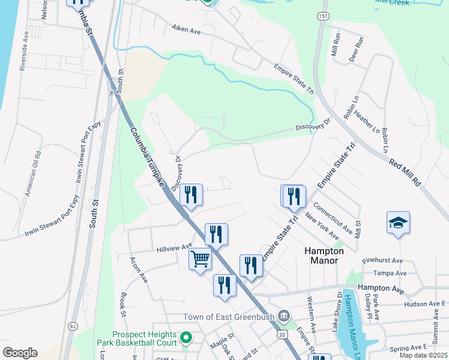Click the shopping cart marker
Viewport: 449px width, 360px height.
coord(200,260)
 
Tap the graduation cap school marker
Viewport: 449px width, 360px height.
coord(399,223)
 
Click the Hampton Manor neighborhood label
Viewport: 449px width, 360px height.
coord(324,256)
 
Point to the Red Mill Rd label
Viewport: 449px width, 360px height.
coord(405,172)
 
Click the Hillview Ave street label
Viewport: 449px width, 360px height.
coord(174,247)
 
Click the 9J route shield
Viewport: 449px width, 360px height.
coord(73,326)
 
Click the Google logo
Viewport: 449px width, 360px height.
coord(20,353)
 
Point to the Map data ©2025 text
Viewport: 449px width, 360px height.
coord(423,355)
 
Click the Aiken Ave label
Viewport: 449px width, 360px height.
coord(186,28)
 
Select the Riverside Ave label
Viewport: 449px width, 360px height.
coord(24,58)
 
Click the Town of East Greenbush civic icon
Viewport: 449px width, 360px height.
coord(284,316)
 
